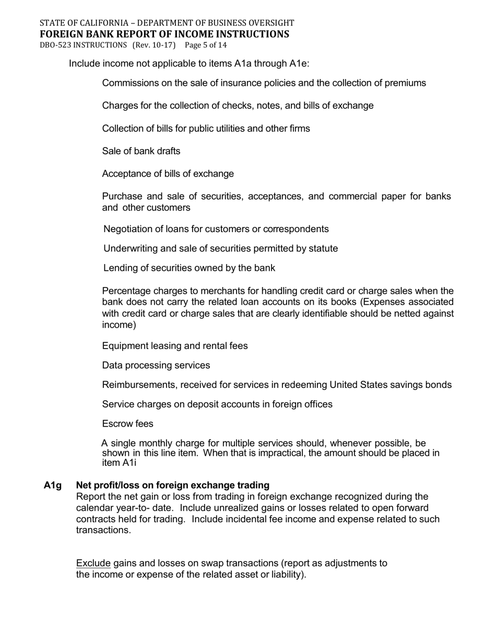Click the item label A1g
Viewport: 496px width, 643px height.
[53, 485]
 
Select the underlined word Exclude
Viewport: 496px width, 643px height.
[93, 563]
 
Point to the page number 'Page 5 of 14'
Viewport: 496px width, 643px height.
[205, 45]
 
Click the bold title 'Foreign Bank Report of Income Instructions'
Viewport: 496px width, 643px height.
[164, 34]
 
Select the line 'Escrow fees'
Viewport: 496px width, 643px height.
[127, 423]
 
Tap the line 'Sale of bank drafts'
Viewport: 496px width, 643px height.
[141, 151]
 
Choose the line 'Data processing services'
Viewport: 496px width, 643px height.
[156, 365]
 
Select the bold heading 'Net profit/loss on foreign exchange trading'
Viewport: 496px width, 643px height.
[172, 485]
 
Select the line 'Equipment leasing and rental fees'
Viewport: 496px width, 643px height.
[174, 346]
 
